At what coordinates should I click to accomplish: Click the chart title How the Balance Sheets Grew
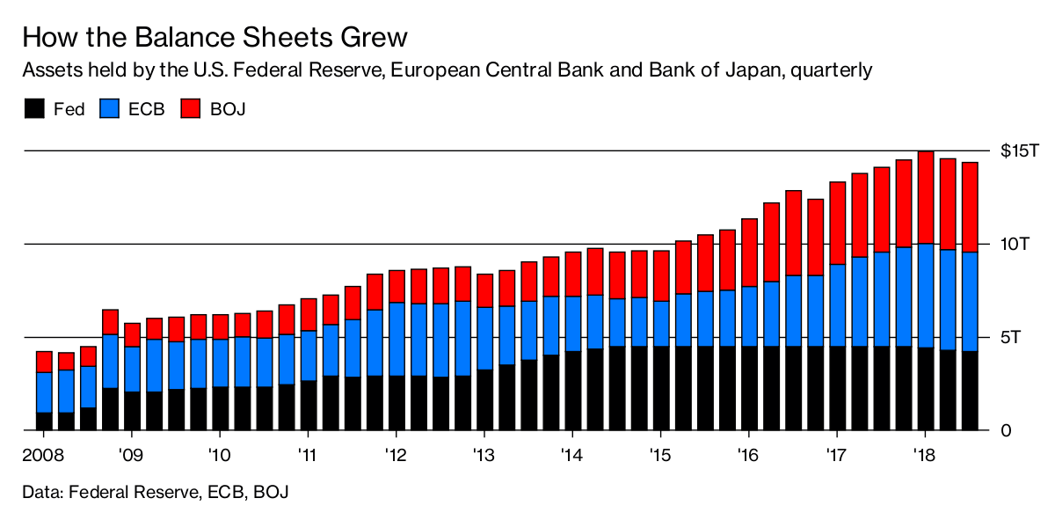pos(215,37)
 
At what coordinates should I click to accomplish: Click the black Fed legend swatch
pos(33,109)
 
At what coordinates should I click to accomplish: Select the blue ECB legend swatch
pos(111,109)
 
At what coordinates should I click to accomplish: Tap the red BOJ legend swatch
pos(192,109)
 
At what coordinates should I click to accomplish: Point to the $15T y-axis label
pos(1019,151)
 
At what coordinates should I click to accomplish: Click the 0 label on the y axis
pos(1006,430)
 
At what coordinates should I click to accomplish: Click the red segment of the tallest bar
pos(925,197)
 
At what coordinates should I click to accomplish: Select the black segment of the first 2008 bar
pos(44,421)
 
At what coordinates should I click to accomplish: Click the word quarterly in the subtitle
pos(831,70)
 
